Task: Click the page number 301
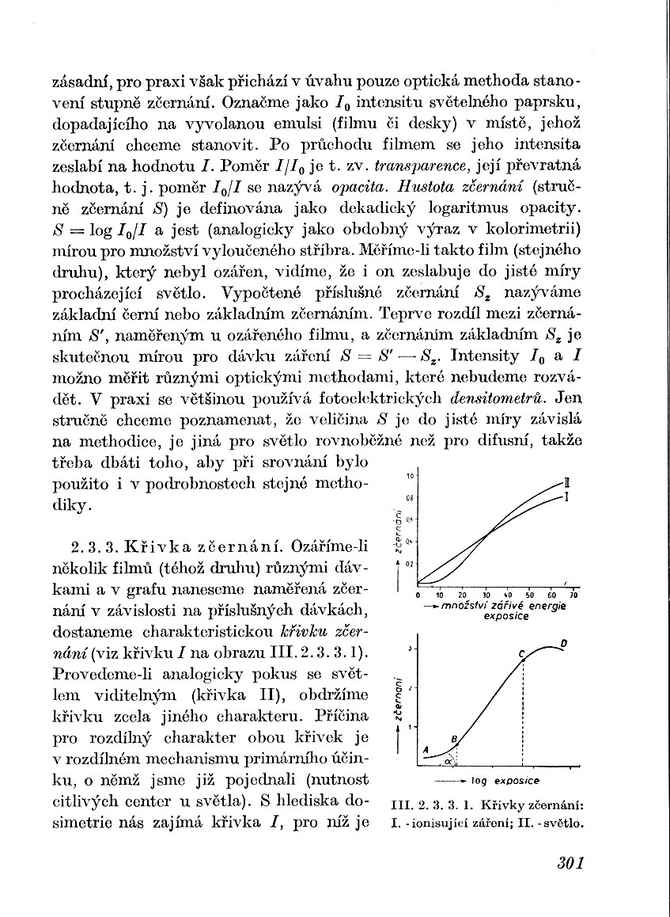[x=570, y=862]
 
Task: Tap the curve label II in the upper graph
[x=565, y=483]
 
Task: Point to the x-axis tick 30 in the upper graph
[x=485, y=594]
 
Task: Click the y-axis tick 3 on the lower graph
[x=409, y=649]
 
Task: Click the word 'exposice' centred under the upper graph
[x=505, y=615]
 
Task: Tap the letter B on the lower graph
[x=454, y=739]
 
